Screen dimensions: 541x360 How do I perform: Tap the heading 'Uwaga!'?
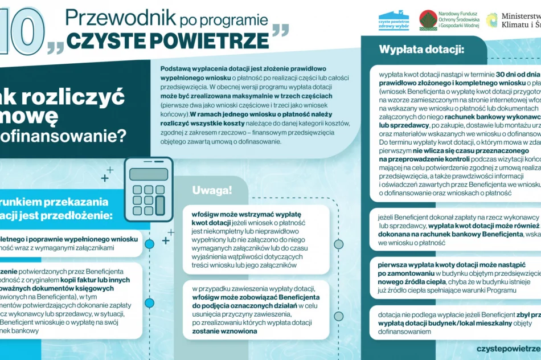212,190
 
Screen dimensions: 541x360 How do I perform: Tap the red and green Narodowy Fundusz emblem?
428,20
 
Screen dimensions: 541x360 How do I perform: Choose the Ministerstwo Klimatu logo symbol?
492,20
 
